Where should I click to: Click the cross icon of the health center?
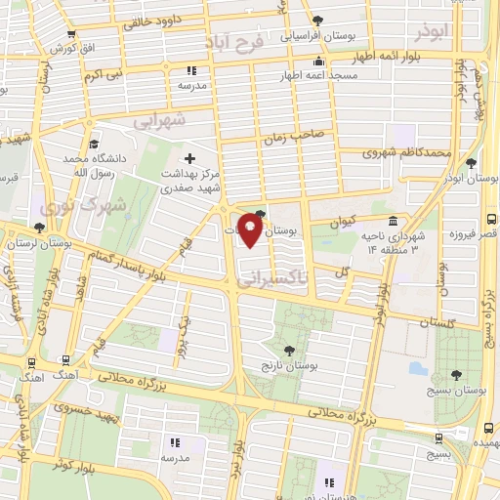click(x=189, y=157)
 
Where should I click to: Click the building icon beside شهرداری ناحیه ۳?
click(x=392, y=222)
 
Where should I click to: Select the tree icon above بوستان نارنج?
click(x=289, y=349)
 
